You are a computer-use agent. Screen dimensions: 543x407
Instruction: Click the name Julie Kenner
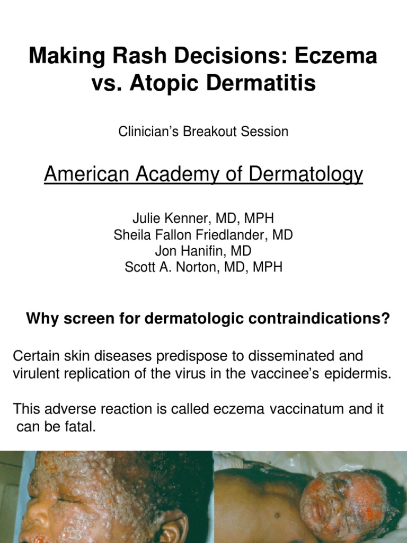point(167,218)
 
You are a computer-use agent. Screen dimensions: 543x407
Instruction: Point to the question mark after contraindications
point(385,319)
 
